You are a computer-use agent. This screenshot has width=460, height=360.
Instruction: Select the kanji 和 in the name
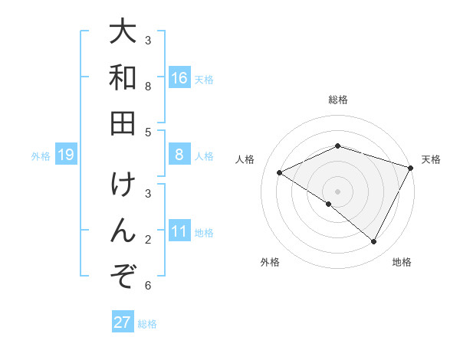pos(123,78)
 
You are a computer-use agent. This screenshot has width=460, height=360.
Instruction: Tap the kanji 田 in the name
pos(123,122)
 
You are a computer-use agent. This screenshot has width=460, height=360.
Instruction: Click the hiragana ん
pos(123,231)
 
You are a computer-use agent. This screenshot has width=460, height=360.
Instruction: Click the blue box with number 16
pos(179,78)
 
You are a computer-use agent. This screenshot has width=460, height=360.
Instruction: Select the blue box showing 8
pos(179,155)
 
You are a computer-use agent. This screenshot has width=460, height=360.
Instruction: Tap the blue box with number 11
pos(179,232)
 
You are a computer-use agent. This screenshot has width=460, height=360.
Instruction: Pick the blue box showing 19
pos(66,155)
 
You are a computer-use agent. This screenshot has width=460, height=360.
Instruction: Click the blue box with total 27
pos(123,322)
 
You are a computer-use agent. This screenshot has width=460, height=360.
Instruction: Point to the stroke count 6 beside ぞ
pos(148,286)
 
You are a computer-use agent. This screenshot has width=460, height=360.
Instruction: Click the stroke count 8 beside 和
pos(148,87)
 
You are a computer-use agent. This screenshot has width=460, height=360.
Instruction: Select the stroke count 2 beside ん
pos(148,240)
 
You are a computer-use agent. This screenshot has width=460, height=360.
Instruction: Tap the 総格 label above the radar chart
pos(338,100)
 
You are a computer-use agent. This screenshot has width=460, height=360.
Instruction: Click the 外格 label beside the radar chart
pos(270,263)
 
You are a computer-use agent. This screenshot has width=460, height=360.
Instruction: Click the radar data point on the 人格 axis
pos(280,173)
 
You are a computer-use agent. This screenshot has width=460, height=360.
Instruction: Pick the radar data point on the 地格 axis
pos(374,242)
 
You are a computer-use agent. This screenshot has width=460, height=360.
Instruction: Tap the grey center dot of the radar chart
pos(338,191)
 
